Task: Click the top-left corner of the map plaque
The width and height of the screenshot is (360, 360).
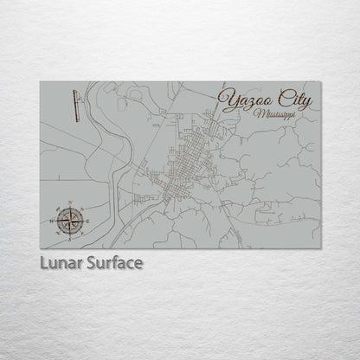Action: [41, 81]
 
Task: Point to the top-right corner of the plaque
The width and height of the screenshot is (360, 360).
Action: [321, 81]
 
